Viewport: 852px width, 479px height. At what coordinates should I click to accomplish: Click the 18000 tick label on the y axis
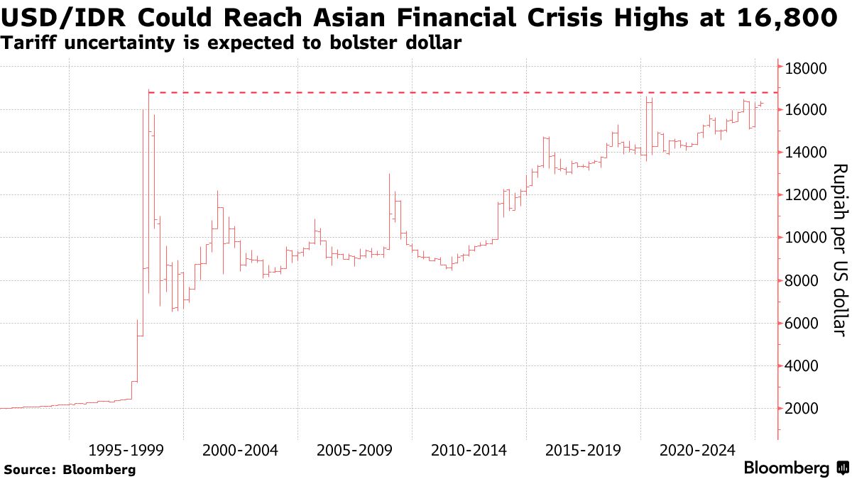tap(805, 68)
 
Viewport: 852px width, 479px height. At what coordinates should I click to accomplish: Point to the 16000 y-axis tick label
tap(805, 110)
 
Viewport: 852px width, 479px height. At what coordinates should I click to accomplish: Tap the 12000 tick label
tap(805, 195)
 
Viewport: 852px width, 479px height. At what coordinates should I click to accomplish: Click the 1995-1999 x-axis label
tap(126, 451)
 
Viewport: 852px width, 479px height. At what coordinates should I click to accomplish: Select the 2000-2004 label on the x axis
tap(241, 451)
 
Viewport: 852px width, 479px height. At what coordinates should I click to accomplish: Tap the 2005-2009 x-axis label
tap(355, 451)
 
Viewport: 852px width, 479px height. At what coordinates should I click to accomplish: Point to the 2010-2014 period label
tap(469, 451)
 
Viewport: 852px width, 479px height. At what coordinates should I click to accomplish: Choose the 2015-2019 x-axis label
tap(584, 451)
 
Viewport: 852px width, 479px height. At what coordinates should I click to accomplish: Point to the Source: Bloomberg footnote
tap(70, 469)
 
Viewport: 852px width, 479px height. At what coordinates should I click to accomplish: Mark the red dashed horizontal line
tap(461, 92)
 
